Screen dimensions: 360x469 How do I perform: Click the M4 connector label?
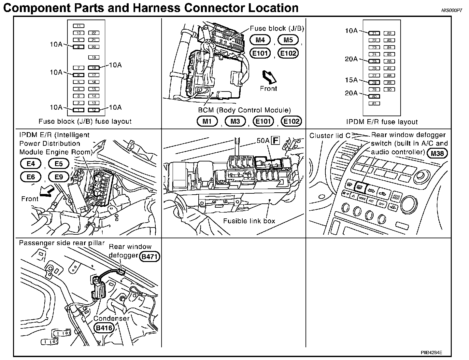click(260, 40)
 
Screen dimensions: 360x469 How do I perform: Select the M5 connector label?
click(288, 40)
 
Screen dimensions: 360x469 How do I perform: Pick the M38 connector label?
click(437, 153)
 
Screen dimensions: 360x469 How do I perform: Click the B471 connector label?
click(149, 257)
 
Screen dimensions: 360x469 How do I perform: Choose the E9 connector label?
click(59, 177)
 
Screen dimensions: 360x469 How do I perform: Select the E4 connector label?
click(31, 164)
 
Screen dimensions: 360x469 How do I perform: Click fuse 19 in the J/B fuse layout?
click(94, 58)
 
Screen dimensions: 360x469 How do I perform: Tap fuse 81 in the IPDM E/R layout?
click(375, 104)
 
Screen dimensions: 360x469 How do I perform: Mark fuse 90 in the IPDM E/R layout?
click(389, 90)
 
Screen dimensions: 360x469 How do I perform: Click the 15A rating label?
click(351, 80)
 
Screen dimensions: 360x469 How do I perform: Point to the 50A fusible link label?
click(263, 141)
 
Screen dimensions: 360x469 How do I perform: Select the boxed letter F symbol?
click(276, 141)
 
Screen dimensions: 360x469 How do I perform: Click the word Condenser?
click(111, 318)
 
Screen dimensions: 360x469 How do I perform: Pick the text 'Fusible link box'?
click(249, 221)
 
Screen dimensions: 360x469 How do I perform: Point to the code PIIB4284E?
click(431, 353)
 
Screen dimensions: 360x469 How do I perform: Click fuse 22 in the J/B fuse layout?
click(94, 33)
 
